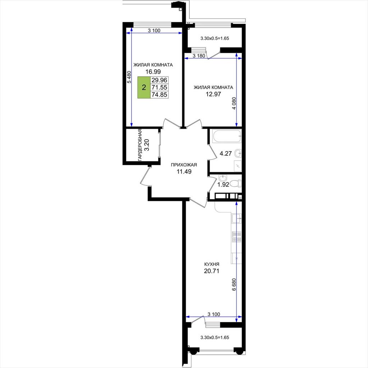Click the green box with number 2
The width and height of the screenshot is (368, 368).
point(144,87)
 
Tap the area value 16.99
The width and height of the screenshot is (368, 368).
point(153,72)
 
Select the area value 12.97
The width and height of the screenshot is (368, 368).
point(213,95)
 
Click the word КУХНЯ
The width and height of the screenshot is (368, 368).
point(212,264)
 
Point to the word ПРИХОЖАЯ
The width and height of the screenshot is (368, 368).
point(184,165)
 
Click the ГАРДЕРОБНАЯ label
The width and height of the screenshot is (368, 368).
point(140,145)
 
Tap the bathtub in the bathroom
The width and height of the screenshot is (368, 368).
point(227,136)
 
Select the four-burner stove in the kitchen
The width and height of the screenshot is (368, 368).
point(236,237)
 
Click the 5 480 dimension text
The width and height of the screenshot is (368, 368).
point(129,77)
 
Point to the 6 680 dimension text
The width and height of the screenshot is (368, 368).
point(234,285)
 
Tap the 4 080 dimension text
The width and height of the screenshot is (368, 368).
point(234,103)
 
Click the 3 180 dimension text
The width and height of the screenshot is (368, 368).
point(199,56)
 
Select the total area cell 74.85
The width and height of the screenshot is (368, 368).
point(159,95)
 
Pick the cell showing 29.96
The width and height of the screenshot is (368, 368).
point(159,80)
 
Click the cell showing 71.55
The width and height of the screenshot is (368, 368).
point(159,87)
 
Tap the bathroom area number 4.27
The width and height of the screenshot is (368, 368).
point(226,154)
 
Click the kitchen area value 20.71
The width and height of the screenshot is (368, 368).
point(212,271)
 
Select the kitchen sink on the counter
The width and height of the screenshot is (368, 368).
point(236,218)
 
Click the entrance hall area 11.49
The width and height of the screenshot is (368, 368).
point(184,171)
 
